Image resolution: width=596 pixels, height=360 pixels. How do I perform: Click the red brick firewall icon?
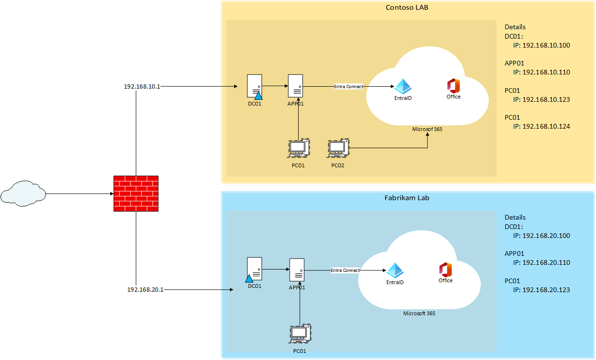point(136,194)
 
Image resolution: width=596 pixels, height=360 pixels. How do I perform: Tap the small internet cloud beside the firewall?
point(23,194)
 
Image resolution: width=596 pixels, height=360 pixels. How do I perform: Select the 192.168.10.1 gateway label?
point(142,87)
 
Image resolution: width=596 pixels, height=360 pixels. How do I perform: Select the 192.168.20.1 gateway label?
point(145,289)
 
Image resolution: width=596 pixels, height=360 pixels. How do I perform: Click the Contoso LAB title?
point(407,8)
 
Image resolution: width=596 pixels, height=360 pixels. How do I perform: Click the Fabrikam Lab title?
point(407,198)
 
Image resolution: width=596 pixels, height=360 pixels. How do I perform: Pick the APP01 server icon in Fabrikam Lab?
point(297,270)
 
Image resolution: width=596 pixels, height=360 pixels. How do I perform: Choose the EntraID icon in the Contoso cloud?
point(403,86)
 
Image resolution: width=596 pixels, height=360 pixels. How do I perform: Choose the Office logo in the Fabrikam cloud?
point(445,269)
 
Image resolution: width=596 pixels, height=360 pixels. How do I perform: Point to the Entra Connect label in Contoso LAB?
point(349,87)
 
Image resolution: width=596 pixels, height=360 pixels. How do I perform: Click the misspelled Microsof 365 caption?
point(427,129)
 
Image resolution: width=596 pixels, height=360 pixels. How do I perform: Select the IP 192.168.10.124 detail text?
point(541,126)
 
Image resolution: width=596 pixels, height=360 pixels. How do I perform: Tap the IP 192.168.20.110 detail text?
point(541,262)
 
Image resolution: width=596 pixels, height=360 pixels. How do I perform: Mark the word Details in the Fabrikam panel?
point(515,217)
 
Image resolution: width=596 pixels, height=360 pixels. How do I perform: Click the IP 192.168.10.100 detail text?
point(541,46)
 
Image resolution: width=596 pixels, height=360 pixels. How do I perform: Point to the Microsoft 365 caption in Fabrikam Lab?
point(419,313)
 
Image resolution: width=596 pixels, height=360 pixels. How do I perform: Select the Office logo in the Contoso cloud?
point(453,86)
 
